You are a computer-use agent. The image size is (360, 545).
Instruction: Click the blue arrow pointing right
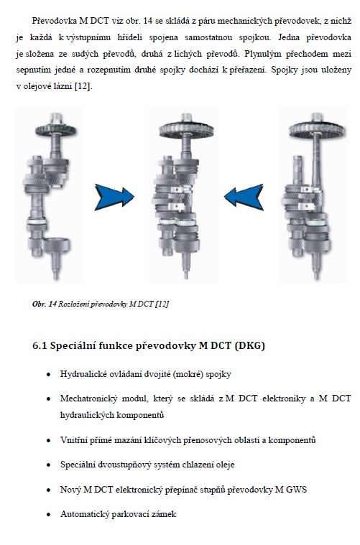click(x=114, y=197)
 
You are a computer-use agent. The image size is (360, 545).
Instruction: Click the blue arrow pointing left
click(x=244, y=197)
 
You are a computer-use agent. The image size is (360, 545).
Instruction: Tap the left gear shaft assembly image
click(x=49, y=196)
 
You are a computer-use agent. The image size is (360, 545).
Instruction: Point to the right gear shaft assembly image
click(x=314, y=196)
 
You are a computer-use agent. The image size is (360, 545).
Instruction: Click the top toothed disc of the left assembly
click(x=55, y=130)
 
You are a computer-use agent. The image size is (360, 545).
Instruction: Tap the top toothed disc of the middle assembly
click(x=186, y=130)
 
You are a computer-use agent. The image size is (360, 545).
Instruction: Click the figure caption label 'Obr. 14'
click(x=45, y=304)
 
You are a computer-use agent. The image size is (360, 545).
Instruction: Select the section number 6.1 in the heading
click(x=40, y=346)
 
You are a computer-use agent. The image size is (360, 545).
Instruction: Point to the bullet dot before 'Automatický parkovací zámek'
click(x=49, y=515)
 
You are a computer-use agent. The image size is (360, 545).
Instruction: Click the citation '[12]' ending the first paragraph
click(x=83, y=86)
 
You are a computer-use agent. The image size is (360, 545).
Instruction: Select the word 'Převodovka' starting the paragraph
click(x=55, y=21)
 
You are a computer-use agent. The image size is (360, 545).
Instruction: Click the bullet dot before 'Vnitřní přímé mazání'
click(x=49, y=441)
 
